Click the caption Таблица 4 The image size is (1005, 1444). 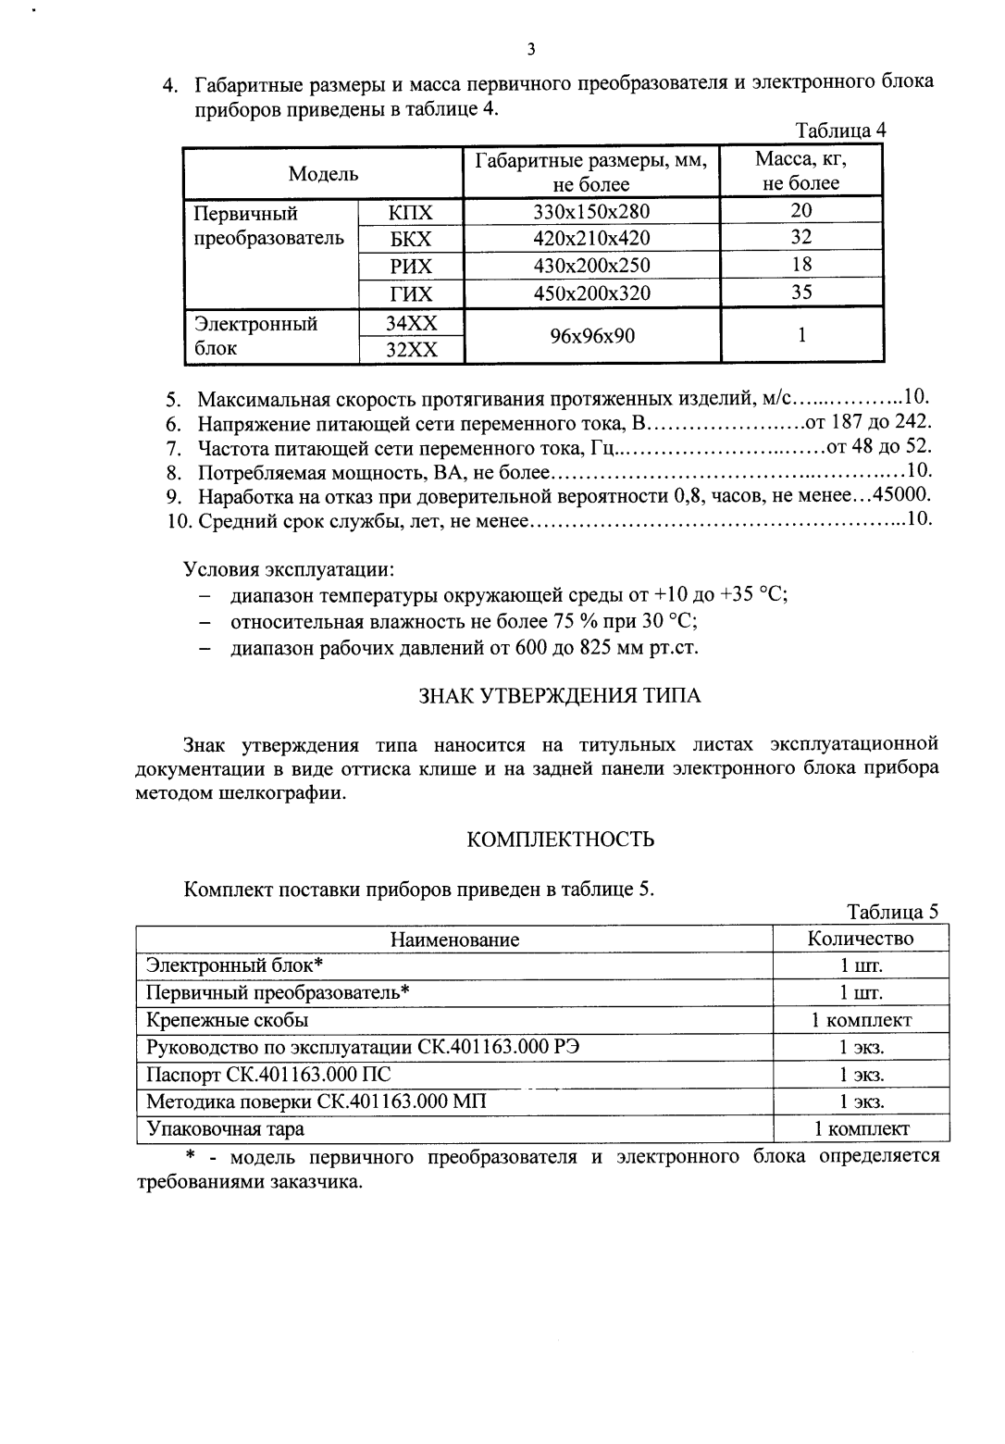click(x=840, y=131)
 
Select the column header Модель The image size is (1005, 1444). click(x=323, y=173)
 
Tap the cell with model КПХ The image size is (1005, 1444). click(x=411, y=212)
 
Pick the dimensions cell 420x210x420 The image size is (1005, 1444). click(x=591, y=239)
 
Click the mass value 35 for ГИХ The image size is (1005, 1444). click(x=801, y=293)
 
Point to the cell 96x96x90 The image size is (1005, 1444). click(x=592, y=335)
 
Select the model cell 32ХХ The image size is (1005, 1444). click(x=411, y=350)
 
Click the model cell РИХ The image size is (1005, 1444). click(x=411, y=267)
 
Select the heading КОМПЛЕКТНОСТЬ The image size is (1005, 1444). click(x=561, y=840)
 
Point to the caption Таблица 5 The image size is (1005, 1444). click(x=892, y=912)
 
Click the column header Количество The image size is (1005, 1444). click(x=860, y=939)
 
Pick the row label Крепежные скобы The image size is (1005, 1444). click(x=228, y=1020)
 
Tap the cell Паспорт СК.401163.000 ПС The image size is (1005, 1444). click(x=268, y=1075)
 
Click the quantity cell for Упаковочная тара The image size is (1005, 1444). click(x=861, y=1128)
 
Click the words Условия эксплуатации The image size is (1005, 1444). click(x=290, y=567)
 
